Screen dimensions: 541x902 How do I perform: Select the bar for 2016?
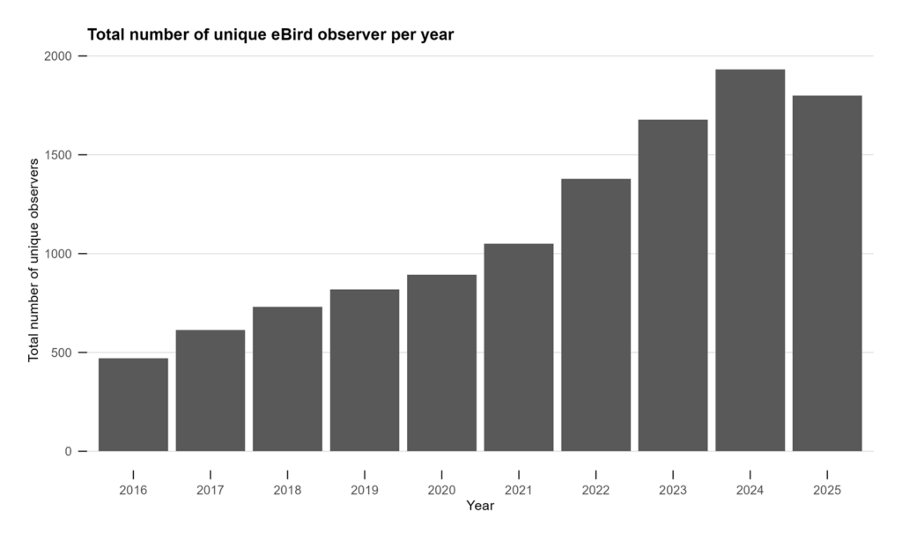[133, 404]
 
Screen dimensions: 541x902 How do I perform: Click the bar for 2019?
[365, 370]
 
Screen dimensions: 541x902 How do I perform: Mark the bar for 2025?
[827, 273]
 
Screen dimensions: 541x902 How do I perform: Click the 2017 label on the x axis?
[211, 489]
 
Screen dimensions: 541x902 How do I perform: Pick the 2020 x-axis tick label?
[441, 489]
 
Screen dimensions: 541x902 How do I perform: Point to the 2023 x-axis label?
[673, 489]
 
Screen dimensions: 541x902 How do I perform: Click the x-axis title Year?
[480, 507]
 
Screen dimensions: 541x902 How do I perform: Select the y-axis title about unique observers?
[33, 260]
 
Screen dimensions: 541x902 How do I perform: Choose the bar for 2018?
[287, 379]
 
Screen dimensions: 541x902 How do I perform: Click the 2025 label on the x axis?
[827, 489]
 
